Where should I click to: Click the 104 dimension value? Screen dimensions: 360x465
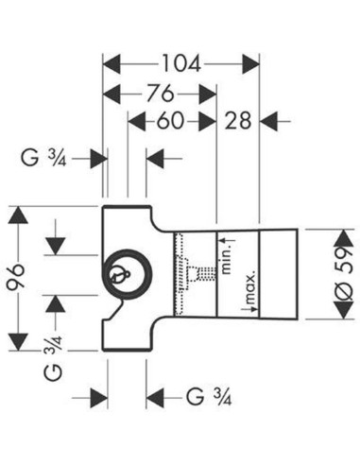point(181,63)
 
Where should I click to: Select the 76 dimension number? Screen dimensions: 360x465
point(161,94)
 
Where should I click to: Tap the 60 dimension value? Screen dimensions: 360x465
point(170,121)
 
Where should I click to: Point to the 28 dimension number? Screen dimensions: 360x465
point(238,121)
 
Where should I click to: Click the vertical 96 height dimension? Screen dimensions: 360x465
point(16,277)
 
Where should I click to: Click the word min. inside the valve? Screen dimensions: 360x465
point(227,259)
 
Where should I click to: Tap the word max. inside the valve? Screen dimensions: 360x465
point(250,288)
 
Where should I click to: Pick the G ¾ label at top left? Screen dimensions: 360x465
point(43,158)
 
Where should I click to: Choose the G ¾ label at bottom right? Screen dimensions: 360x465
point(209,397)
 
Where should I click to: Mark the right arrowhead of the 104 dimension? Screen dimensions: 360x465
point(250,63)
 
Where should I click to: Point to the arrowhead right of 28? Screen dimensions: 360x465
point(268,121)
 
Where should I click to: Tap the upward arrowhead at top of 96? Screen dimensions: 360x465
point(18,215)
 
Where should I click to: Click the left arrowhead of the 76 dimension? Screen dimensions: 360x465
point(112,94)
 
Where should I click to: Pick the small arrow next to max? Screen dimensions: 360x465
point(249,309)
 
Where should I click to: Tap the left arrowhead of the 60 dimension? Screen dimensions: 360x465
point(137,121)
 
